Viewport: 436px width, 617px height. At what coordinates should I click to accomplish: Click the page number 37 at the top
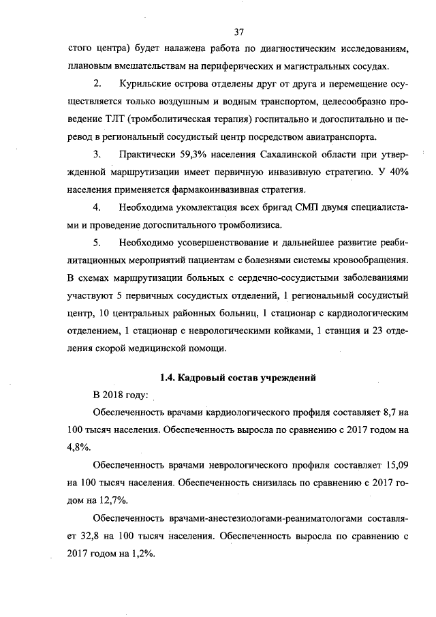pos(238,32)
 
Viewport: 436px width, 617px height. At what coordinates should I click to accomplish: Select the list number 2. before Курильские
pos(97,84)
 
